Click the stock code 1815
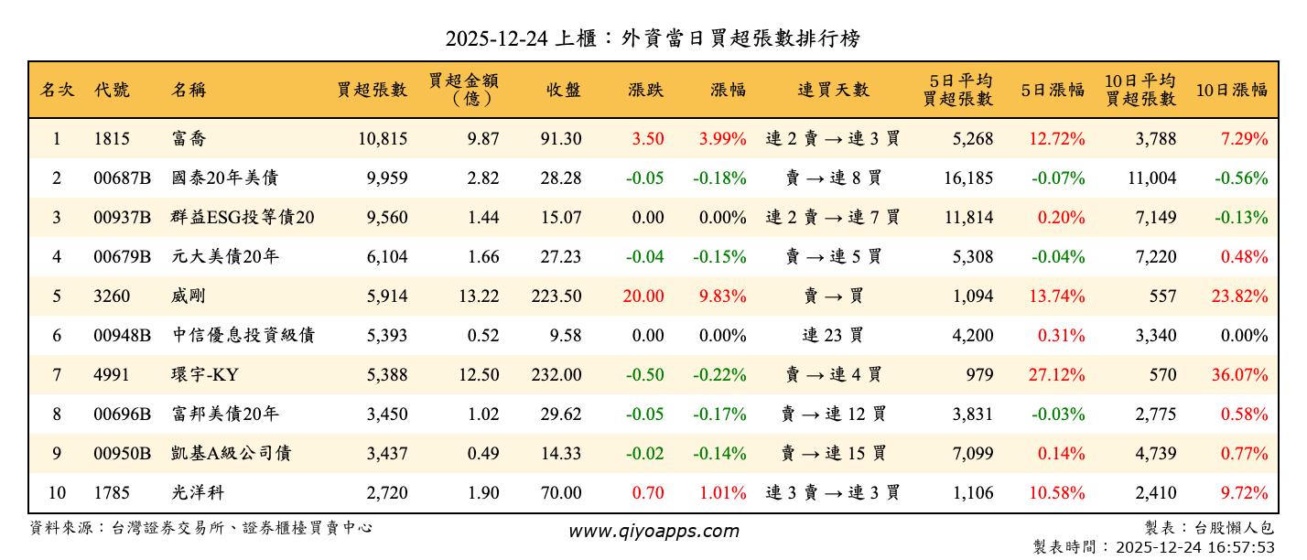(112, 139)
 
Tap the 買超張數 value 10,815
(378, 139)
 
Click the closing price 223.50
(556, 296)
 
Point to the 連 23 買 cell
(832, 336)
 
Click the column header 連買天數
(832, 90)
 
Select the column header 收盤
(563, 90)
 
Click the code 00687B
(122, 178)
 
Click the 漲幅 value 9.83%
(722, 296)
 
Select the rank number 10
(57, 493)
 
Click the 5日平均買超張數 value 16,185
(967, 178)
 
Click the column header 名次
(57, 90)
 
